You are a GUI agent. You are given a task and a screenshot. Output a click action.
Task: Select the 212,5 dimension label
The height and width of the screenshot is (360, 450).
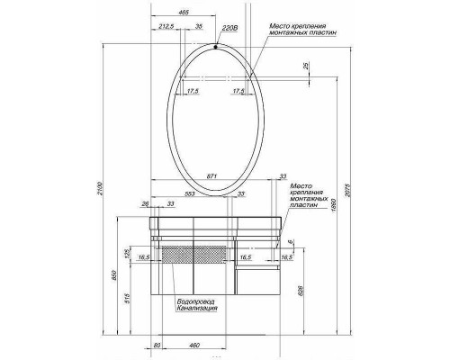click(x=165, y=29)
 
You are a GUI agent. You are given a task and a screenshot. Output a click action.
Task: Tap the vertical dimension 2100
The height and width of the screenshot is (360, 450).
click(x=100, y=189)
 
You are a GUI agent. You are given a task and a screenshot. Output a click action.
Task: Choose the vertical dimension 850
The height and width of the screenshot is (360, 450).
click(x=112, y=280)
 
